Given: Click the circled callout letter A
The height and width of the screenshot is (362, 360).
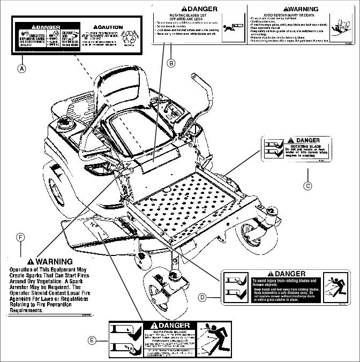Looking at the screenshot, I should point(21,69).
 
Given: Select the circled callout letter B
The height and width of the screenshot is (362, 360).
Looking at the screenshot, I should point(171,63).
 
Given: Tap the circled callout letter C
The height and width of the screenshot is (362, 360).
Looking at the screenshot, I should point(307,186).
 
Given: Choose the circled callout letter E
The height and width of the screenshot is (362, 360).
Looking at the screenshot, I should point(92,341).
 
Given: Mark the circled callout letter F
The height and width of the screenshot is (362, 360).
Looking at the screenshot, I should point(20,237).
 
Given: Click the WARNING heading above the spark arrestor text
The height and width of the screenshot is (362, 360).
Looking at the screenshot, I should point(53,261).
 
